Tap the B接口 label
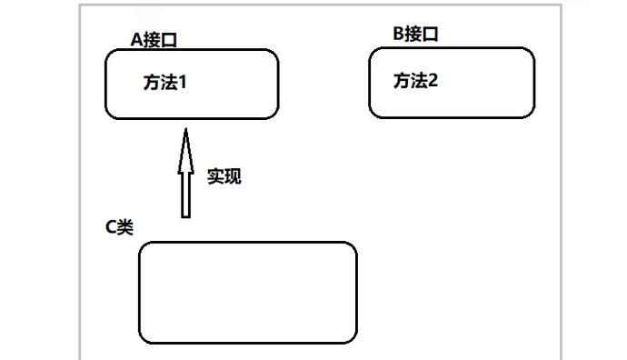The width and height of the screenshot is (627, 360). [415, 34]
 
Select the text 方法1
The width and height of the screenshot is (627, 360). [164, 82]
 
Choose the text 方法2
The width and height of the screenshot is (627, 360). [415, 81]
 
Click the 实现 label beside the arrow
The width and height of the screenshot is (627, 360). [224, 175]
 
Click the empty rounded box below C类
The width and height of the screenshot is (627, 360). [247, 292]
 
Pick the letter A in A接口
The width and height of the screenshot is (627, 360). [137, 38]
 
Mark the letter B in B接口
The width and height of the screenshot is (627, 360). [398, 34]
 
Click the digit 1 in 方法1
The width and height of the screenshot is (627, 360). [182, 82]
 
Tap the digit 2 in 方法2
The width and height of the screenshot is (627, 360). [433, 81]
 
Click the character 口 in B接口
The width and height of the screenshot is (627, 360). [432, 34]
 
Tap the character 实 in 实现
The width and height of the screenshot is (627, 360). [214, 175]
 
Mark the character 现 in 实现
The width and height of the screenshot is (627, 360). [233, 175]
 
